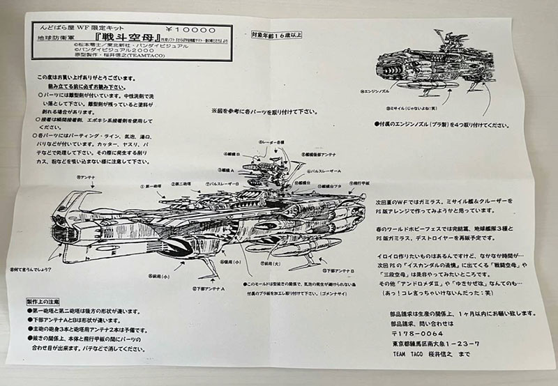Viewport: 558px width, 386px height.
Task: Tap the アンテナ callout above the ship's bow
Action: click(x=85, y=177)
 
